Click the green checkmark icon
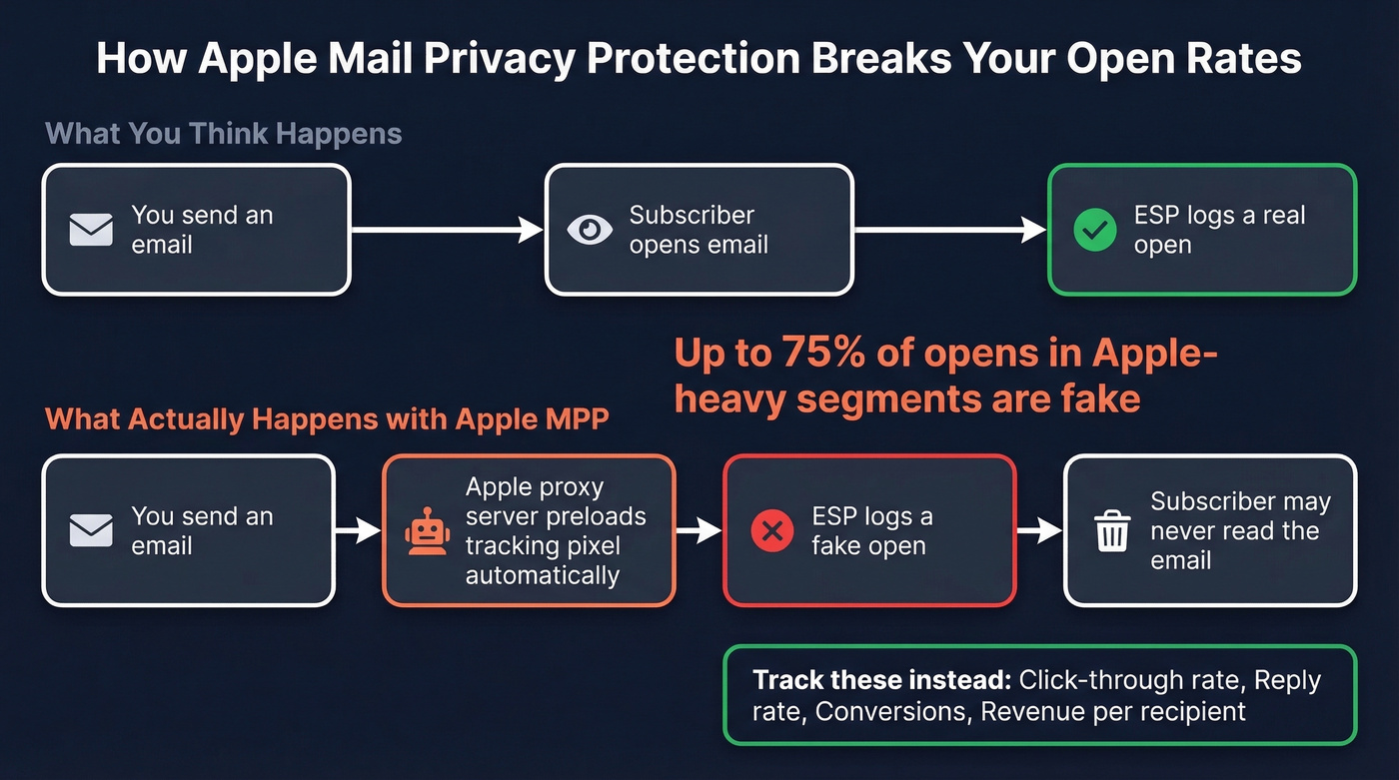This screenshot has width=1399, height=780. (1094, 231)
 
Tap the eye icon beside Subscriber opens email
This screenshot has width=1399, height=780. (590, 230)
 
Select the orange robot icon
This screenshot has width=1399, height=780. (427, 530)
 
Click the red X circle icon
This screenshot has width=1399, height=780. (772, 531)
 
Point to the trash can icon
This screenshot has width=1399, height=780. (1112, 530)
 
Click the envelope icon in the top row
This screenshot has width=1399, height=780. (91, 230)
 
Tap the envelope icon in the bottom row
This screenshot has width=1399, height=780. (91, 530)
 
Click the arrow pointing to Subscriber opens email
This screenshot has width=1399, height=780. (447, 230)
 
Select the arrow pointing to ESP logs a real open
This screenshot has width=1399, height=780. (949, 230)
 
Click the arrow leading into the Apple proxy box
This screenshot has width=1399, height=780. (358, 530)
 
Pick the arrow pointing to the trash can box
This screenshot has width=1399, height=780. (1039, 530)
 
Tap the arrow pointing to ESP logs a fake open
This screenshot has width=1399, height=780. (699, 530)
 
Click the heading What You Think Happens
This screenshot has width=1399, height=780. (224, 134)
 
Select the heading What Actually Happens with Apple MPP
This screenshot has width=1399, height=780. (327, 418)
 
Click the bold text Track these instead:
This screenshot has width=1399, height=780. (881, 681)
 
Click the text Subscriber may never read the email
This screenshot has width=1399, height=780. (1239, 530)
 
